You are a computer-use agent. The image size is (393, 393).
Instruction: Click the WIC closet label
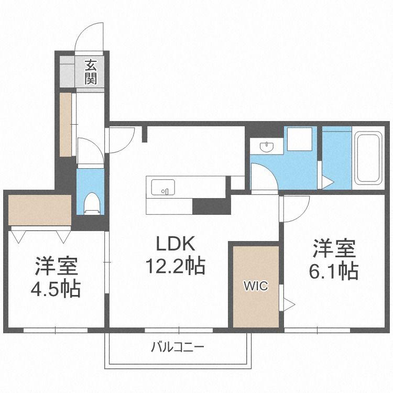tap(255, 286)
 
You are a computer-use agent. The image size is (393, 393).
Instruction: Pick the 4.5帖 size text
tap(58, 288)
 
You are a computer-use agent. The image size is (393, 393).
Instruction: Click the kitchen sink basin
tap(163, 187)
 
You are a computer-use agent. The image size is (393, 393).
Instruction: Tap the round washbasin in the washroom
tap(267, 147)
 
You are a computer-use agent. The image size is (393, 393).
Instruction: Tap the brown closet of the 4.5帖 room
tap(40, 210)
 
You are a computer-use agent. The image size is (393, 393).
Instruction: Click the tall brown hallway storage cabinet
tap(65, 124)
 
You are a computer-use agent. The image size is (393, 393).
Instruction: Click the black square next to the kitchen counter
tap(212, 206)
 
